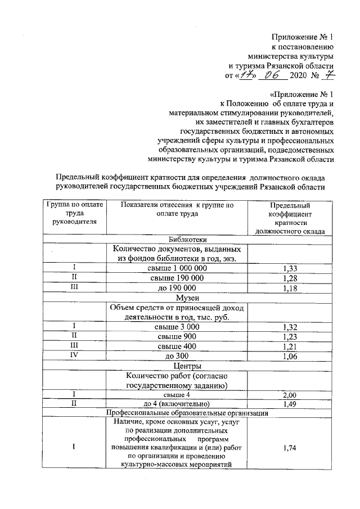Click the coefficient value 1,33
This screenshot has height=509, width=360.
coord(289,268)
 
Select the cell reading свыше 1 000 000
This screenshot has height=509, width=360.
coord(177,268)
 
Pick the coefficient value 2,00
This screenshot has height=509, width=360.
coord(289,395)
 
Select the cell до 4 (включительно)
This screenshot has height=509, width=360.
coord(177,404)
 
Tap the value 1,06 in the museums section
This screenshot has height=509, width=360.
coord(289,356)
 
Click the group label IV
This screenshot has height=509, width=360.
coord(74,356)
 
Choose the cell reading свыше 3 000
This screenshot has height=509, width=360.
coord(177,327)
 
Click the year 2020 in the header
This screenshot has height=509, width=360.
coord(300,75)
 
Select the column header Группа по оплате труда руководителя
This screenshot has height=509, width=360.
coord(74,213)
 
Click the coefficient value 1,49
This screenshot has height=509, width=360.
coord(289,404)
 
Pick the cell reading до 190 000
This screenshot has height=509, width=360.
coord(177,287)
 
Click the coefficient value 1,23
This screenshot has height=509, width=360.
coord(289,336)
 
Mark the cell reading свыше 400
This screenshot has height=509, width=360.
coord(177,346)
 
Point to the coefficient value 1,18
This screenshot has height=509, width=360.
coord(289,287)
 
